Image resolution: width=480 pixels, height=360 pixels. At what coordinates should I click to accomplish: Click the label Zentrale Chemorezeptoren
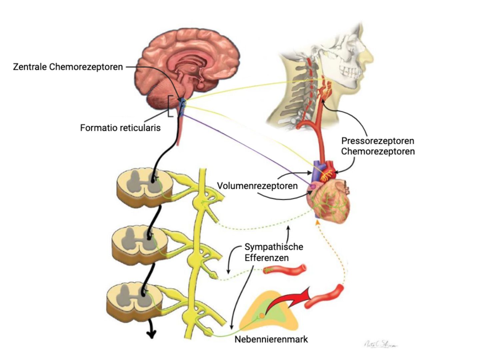[68, 67]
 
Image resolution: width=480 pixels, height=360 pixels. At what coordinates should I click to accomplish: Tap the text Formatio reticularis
[120, 128]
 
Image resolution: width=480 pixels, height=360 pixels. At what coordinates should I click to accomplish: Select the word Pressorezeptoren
[377, 141]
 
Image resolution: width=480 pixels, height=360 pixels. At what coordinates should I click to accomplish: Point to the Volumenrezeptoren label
[257, 186]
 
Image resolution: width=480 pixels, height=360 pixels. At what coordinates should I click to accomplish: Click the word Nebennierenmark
[271, 339]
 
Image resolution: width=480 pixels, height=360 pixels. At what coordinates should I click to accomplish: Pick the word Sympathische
[274, 247]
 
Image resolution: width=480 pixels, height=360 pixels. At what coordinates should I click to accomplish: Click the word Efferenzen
[266, 258]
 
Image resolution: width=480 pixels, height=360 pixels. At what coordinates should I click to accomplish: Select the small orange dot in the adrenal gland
[262, 315]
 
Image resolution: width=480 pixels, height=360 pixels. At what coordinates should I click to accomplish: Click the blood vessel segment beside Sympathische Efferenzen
[285, 269]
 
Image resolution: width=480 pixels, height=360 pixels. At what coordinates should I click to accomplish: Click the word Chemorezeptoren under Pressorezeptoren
[377, 151]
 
